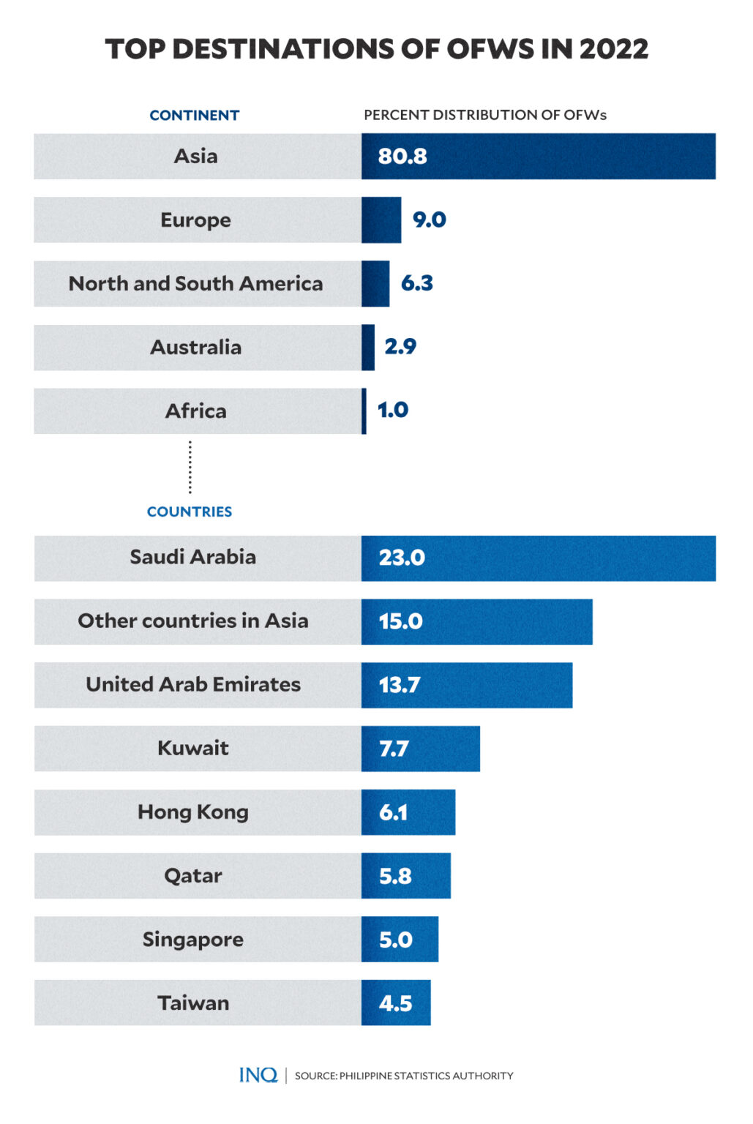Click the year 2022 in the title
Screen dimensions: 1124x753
pos(613,49)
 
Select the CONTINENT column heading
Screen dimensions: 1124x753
pos(194,116)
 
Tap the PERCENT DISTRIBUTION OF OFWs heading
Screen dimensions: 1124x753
pos(484,115)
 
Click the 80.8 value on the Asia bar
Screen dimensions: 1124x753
pos(402,157)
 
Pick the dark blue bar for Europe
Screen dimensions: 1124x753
pos(381,220)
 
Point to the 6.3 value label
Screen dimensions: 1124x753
pos(416,283)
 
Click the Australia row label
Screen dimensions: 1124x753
pos(195,347)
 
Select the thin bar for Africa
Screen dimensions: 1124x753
pos(364,411)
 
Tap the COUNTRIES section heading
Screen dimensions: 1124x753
pos(189,512)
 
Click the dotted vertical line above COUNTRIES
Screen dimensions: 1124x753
pos(190,467)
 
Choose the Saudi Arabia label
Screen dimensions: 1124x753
pos(192,558)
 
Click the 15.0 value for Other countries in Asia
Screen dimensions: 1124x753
pos(400,621)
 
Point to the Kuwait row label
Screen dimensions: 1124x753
pos(192,748)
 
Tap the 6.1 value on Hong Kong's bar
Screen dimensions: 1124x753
pos(393,812)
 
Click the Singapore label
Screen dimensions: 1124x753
pos(192,940)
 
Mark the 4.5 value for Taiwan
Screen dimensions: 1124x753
pos(395,1003)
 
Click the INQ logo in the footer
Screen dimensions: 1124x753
pos(258,1075)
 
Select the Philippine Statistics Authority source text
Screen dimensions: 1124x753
pos(404,1076)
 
